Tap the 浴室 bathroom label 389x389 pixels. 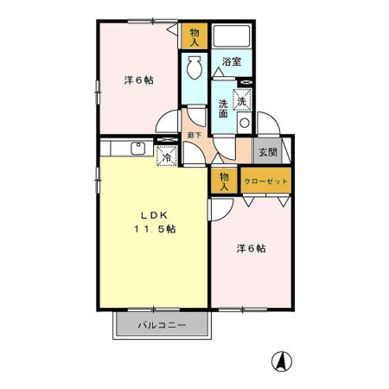pyautogui.click(x=231, y=61)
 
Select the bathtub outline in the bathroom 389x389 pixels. pyautogui.click(x=232, y=37)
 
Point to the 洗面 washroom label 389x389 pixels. pyautogui.click(x=222, y=108)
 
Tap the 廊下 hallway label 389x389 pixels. pyautogui.click(x=194, y=136)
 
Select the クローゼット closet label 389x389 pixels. pyautogui.click(x=265, y=182)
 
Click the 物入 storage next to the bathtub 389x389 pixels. pyautogui.click(x=194, y=37)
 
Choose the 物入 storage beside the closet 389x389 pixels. pyautogui.click(x=222, y=181)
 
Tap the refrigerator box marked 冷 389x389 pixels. pyautogui.click(x=165, y=156)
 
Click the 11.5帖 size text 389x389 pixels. pyautogui.click(x=153, y=229)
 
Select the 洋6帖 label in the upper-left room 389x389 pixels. pyautogui.click(x=138, y=80)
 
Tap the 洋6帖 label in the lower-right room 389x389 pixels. pyautogui.click(x=251, y=248)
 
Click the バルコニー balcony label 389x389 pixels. pyautogui.click(x=162, y=326)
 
